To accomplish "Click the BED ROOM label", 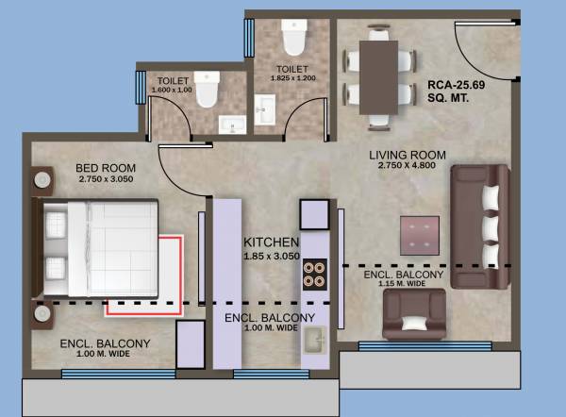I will coord(101,169).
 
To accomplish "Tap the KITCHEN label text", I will coord(271,242).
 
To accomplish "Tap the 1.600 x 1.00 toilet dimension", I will coord(174,90).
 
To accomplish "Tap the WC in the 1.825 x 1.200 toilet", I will coord(292,39).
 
